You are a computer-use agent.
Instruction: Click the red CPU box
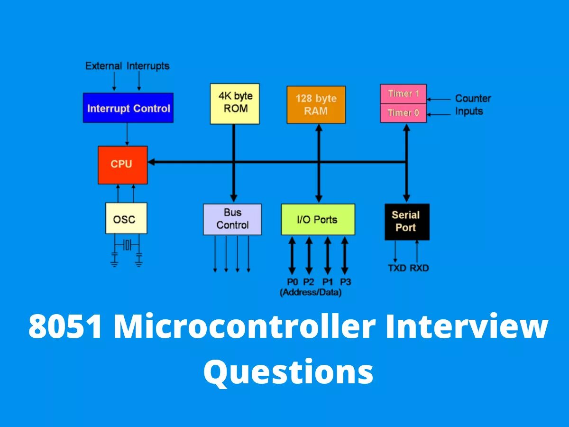point(122,165)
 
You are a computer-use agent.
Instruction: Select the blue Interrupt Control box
point(128,108)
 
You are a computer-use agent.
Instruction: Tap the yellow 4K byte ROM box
point(235,103)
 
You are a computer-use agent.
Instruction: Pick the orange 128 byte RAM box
point(316,105)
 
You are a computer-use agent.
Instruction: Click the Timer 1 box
point(403,94)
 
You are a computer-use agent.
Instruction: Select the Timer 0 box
point(403,113)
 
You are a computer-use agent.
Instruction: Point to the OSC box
point(126,218)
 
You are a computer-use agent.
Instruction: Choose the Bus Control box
point(232,219)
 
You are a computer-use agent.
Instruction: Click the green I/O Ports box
point(318,219)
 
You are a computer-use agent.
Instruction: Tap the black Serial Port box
point(407,222)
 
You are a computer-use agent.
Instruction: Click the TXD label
point(397,268)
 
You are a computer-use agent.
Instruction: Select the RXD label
point(419,268)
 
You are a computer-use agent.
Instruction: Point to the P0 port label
point(292,282)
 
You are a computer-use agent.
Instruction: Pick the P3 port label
point(345,282)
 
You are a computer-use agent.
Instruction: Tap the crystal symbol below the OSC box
point(127,245)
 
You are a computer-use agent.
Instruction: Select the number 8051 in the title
point(65,327)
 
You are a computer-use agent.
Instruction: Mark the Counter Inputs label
point(472,105)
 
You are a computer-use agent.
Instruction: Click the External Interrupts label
point(127,66)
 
